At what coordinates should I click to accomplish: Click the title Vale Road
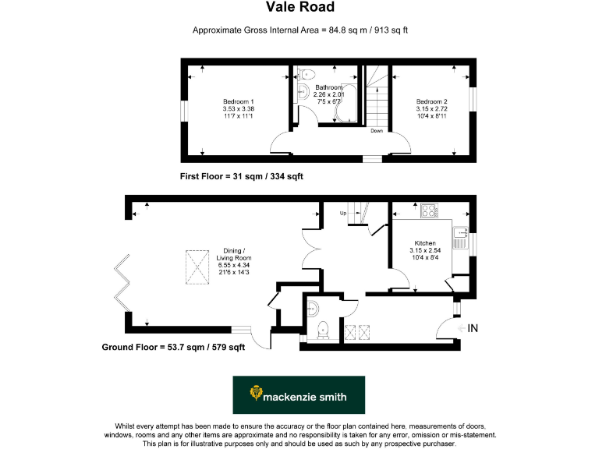click(x=300, y=8)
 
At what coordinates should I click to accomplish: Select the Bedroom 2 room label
click(x=431, y=102)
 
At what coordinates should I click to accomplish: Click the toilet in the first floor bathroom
click(x=307, y=76)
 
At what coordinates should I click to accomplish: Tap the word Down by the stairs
click(x=377, y=131)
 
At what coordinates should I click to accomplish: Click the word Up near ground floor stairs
click(x=342, y=213)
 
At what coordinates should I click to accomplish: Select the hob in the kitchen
click(x=428, y=210)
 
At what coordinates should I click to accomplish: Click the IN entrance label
click(x=473, y=328)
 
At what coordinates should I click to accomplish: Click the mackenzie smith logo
click(x=299, y=395)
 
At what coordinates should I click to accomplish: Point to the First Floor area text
click(x=240, y=177)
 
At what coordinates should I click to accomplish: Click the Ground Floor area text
click(x=174, y=348)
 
